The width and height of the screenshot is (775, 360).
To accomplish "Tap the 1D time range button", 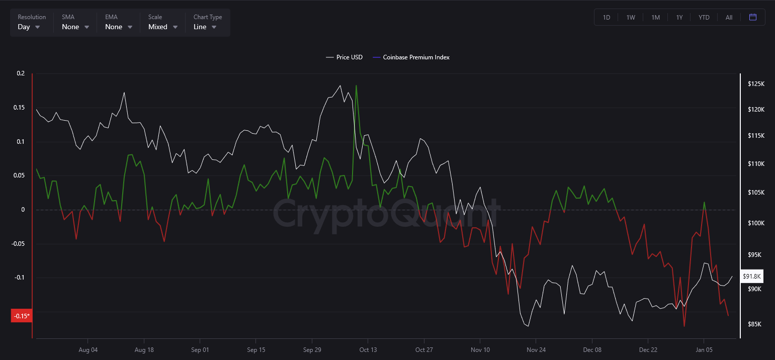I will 607,18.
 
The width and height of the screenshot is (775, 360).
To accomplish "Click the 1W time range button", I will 631,18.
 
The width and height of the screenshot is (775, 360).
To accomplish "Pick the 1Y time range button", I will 679,18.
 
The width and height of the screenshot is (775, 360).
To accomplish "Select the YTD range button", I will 704,18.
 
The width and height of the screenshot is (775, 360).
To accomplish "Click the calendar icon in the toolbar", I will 753,17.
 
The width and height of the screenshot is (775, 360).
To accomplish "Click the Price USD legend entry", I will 344,57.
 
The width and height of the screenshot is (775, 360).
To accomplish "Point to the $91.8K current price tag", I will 752,276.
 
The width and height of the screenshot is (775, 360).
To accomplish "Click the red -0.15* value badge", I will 21,316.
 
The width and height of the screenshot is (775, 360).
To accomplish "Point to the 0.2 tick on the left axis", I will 20,73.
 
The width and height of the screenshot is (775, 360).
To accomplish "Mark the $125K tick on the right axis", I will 756,83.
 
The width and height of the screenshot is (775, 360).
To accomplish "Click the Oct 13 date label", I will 368,349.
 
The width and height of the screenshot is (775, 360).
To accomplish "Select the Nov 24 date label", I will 536,349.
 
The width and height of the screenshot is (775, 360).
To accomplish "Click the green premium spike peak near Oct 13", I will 356,85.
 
